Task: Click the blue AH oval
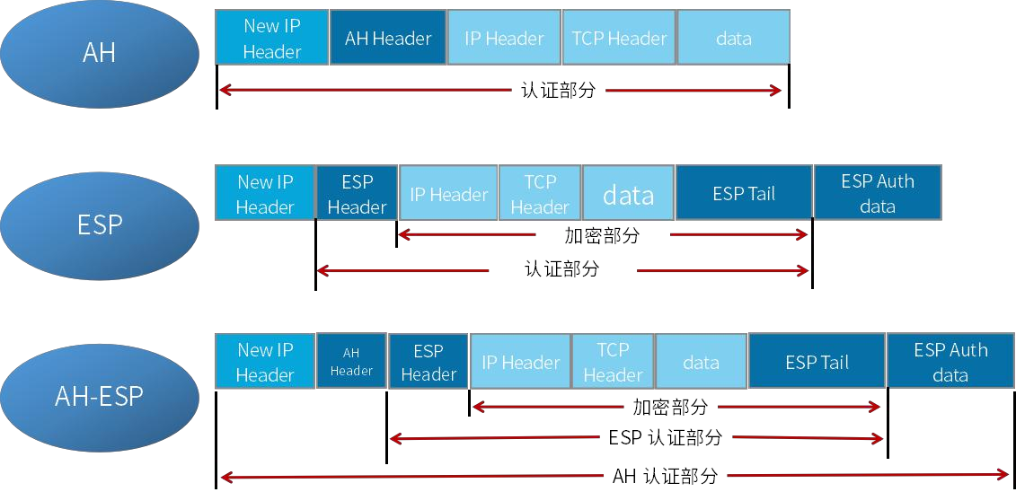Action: pyautogui.click(x=99, y=51)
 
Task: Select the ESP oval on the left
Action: pyautogui.click(x=99, y=224)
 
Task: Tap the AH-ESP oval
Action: pyautogui.click(x=99, y=396)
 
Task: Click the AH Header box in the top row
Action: pyautogui.click(x=388, y=38)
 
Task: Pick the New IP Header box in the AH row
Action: pyautogui.click(x=271, y=38)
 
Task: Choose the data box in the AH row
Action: pyautogui.click(x=733, y=38)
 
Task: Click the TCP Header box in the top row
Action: pyautogui.click(x=619, y=38)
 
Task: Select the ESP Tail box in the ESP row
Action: pyautogui.click(x=743, y=193)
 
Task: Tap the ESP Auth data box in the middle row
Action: pyautogui.click(x=877, y=193)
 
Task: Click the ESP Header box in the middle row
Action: pyautogui.click(x=357, y=193)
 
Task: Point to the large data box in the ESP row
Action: pyautogui.click(x=628, y=193)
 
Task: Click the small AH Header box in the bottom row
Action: pyautogui.click(x=351, y=361)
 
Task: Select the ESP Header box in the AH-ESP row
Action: pyautogui.click(x=428, y=362)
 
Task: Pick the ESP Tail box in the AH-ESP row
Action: pyautogui.click(x=817, y=362)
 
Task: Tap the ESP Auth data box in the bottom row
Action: pyautogui.click(x=950, y=362)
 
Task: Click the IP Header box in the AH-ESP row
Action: pyautogui.click(x=520, y=362)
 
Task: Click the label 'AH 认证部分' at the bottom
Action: pyautogui.click(x=665, y=476)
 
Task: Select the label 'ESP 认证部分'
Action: pyautogui.click(x=665, y=438)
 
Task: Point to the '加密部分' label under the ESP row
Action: pyautogui.click(x=602, y=235)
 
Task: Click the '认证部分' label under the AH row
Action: pyautogui.click(x=558, y=90)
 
